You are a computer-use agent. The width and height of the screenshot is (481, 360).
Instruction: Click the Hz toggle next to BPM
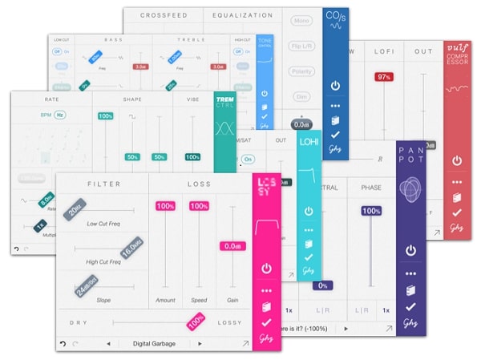point(59,115)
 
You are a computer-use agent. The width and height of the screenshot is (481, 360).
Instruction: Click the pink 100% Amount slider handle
point(165,206)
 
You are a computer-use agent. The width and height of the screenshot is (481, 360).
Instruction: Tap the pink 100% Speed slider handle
point(198,206)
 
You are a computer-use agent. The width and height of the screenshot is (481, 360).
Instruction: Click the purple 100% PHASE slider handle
point(370,211)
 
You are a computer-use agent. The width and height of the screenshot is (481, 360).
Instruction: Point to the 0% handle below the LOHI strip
point(323,285)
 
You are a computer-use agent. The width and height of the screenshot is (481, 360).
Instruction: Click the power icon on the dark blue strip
point(335,83)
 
